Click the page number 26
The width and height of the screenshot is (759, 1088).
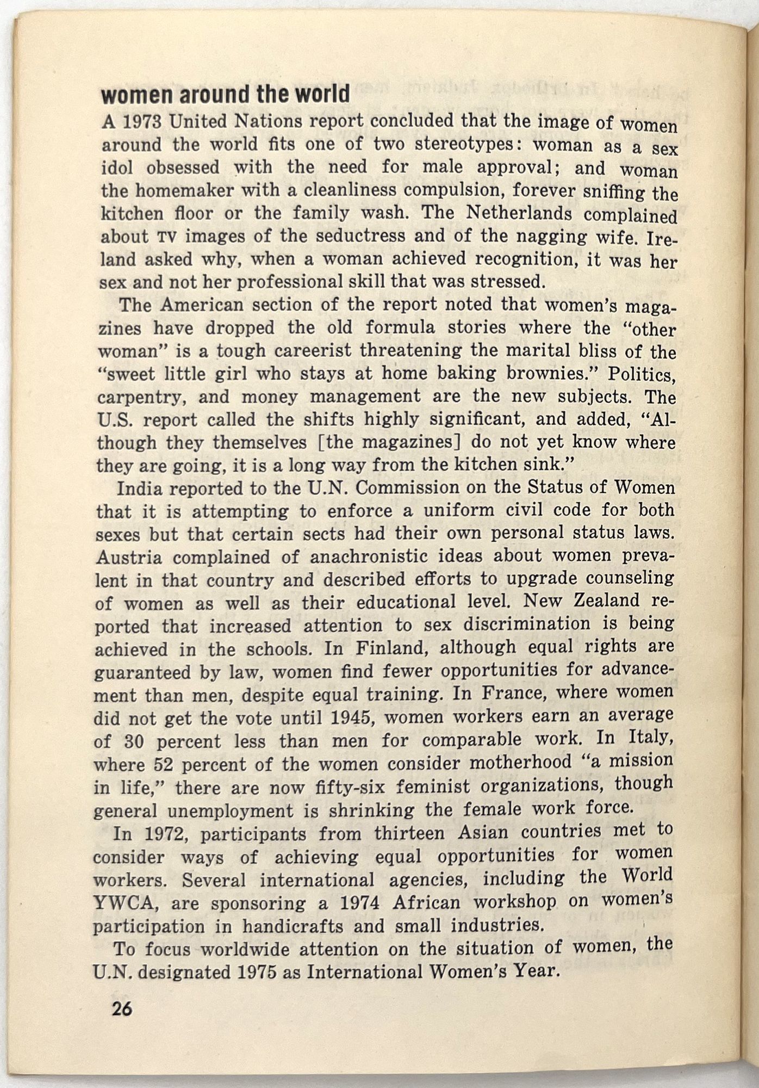point(122,1009)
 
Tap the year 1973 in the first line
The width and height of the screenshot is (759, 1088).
point(141,122)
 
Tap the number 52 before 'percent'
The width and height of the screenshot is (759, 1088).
point(165,765)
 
